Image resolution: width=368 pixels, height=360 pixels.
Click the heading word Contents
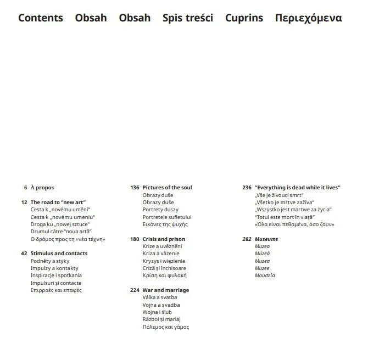point(41,18)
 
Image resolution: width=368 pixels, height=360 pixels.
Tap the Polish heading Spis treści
point(188,18)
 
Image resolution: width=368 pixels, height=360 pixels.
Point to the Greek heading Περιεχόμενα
point(308,18)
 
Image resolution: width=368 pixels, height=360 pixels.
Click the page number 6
point(25,188)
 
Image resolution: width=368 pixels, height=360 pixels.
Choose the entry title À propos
point(42,188)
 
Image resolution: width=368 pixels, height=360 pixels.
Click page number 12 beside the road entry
point(24,203)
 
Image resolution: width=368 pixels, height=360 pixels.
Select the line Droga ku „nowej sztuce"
point(60,224)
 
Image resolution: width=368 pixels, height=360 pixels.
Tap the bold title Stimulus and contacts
point(59,254)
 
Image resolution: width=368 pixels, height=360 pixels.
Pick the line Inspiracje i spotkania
point(56,275)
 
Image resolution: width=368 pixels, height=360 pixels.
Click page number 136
point(135,188)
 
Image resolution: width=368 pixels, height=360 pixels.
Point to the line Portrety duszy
point(160,210)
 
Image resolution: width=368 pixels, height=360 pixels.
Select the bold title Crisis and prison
point(164,239)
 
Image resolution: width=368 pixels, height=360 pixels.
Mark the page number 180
point(135,239)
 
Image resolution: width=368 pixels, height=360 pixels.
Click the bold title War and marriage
point(165,290)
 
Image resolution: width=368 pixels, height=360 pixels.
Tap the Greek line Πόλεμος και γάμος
point(165,327)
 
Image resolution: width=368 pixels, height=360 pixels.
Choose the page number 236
point(247,188)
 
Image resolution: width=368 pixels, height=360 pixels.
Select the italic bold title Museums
point(266,239)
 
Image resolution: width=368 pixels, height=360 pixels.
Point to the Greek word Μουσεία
point(265,275)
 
